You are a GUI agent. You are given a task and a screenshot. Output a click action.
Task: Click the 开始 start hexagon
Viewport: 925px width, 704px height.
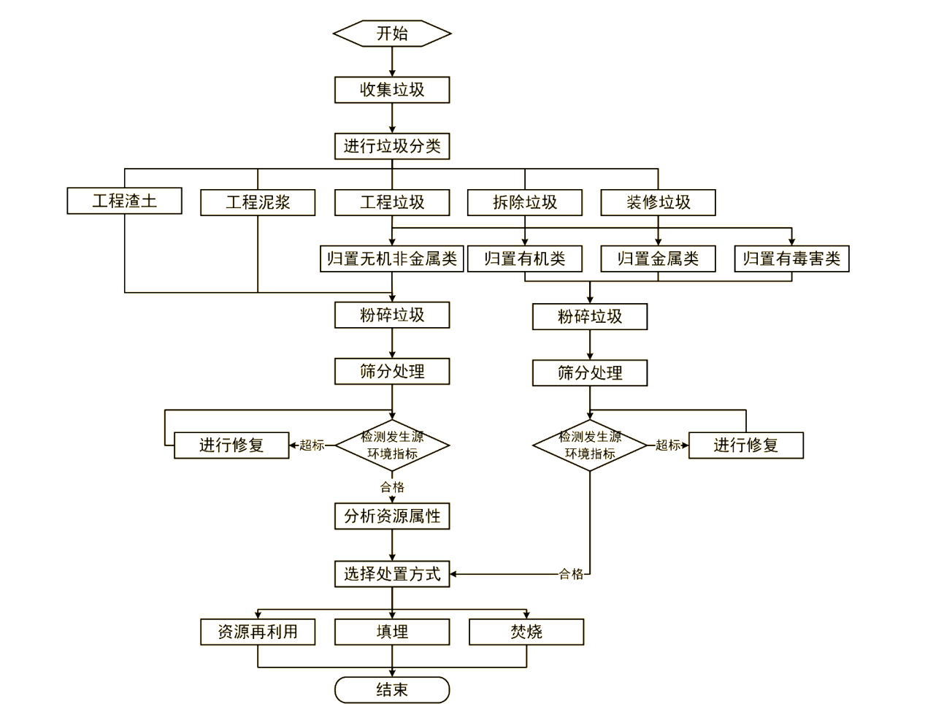point(392,34)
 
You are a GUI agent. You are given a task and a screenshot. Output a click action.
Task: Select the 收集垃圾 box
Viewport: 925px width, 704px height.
point(392,90)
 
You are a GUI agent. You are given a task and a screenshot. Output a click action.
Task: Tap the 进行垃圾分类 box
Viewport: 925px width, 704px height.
point(392,146)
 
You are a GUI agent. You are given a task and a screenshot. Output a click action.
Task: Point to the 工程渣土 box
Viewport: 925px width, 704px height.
point(124,201)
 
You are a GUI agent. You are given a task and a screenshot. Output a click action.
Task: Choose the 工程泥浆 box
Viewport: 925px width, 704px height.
point(258,202)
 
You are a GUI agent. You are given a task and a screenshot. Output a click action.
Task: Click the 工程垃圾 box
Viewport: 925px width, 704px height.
point(392,202)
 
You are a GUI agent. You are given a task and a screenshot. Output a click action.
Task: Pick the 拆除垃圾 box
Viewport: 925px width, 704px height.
point(525,202)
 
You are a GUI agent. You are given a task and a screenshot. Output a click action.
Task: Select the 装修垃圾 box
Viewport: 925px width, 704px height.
point(658,202)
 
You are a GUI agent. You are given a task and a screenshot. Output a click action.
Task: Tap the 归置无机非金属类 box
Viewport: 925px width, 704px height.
point(392,259)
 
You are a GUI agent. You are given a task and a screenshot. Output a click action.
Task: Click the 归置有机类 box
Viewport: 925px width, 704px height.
point(525,259)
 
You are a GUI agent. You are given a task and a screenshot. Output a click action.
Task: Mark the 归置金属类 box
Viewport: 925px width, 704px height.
point(658,259)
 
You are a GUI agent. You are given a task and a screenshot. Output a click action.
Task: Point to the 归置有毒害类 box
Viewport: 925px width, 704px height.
point(791,259)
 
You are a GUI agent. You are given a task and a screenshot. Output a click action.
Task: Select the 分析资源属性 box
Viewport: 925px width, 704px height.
point(392,516)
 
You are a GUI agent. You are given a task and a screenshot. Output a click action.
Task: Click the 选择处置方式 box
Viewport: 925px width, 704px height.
point(392,574)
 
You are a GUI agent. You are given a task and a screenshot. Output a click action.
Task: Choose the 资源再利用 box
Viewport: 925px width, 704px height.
point(258,632)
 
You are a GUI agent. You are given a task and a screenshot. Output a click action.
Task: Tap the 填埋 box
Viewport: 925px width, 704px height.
point(392,632)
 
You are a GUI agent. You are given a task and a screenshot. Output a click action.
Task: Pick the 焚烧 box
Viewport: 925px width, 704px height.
point(526,632)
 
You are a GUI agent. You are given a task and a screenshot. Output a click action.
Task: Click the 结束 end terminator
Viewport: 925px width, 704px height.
point(392,690)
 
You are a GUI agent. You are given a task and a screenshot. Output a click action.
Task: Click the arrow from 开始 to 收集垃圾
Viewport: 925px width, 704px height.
point(392,62)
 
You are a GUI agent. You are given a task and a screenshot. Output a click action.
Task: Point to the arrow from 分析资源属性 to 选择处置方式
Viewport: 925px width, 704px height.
point(392,545)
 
